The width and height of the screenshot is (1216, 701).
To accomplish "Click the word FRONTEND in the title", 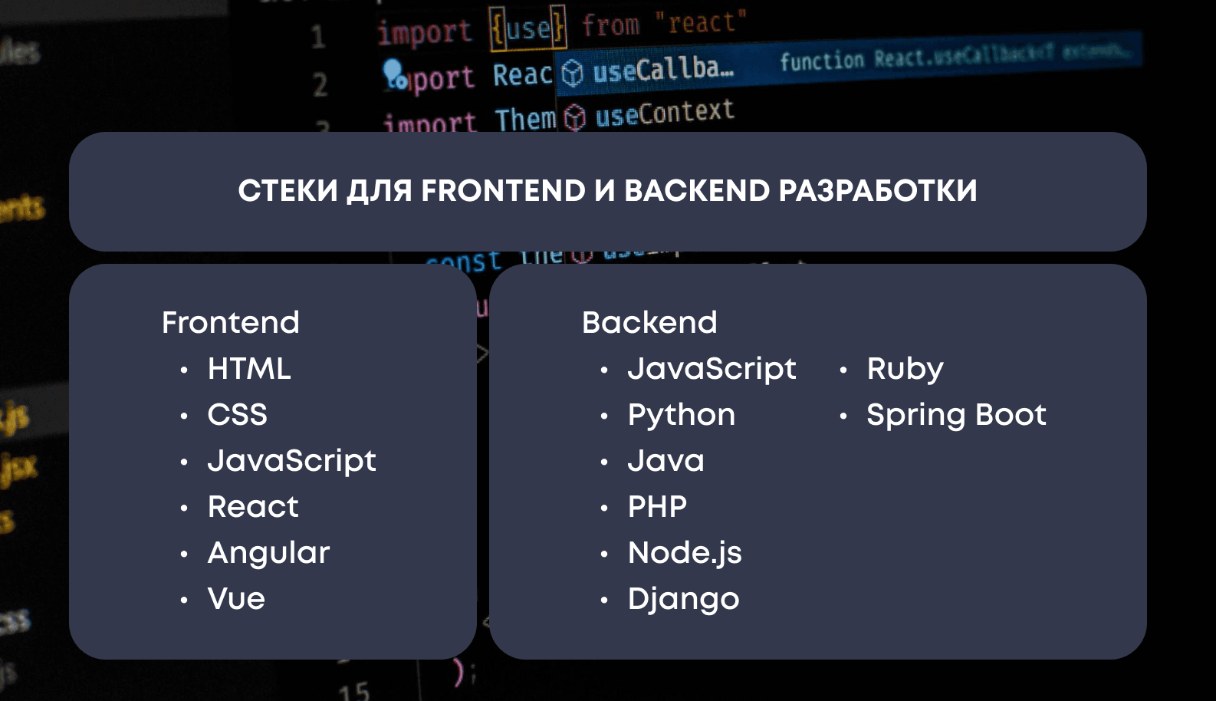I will [x=503, y=191].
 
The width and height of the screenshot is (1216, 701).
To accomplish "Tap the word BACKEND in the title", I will [x=696, y=191].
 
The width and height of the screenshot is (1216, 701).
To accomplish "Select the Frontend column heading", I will [x=230, y=323].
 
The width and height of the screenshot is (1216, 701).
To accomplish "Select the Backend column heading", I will [x=649, y=323].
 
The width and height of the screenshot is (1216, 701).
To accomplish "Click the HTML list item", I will [x=249, y=369].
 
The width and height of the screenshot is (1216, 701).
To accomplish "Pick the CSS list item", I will [x=238, y=415].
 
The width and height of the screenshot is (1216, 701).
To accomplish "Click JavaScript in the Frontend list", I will [x=292, y=461].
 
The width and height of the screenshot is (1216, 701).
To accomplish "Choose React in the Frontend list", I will [x=253, y=507].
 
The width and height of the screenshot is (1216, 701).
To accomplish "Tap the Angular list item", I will [x=268, y=553].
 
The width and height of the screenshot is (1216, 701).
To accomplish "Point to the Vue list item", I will [x=236, y=599].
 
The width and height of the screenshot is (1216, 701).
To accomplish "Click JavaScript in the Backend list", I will [x=712, y=369].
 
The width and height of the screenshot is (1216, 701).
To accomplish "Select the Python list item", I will [x=682, y=415].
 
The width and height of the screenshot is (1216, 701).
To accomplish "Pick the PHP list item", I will [x=657, y=507].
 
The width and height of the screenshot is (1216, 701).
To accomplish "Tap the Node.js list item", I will [x=685, y=553].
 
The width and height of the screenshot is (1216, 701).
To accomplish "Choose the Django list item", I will [x=683, y=599].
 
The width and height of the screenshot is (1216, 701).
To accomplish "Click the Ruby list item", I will [x=905, y=369].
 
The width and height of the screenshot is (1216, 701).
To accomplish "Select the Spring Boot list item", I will [x=956, y=415].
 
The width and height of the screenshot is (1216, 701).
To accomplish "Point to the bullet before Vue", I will [x=184, y=601].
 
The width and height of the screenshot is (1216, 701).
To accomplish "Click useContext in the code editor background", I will [x=665, y=114].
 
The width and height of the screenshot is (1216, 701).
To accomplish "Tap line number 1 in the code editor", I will [x=318, y=37].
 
